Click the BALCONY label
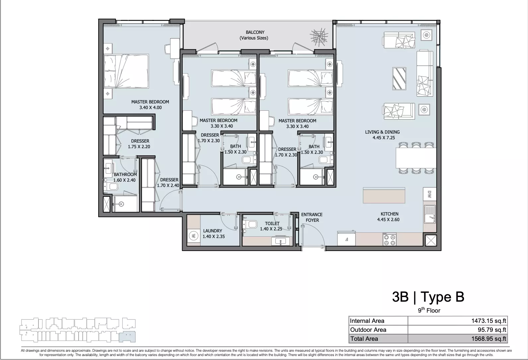[255, 32]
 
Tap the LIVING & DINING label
[382, 132]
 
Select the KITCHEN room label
[389, 214]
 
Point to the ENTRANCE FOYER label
[312, 217]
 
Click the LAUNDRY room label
[213, 231]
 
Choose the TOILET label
[272, 223]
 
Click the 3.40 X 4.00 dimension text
[150, 108]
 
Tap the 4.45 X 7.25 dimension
[384, 138]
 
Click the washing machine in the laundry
[193, 236]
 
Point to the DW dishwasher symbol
[429, 194]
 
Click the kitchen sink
[430, 214]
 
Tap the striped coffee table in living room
[399, 79]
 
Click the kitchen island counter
[384, 195]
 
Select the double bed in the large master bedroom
[126, 71]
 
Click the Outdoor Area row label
[368, 330]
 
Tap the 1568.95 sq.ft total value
[489, 339]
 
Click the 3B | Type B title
[428, 297]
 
